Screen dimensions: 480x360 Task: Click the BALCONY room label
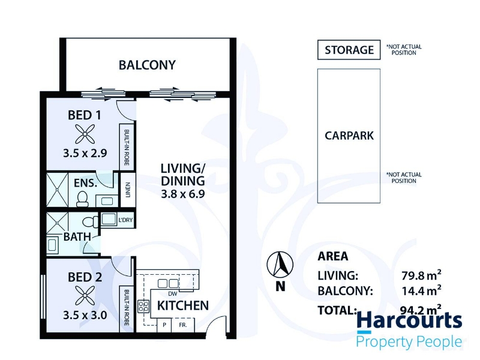coord(147,65)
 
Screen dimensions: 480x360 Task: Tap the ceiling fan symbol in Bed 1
coord(85,134)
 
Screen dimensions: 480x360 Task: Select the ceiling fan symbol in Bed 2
coord(85,295)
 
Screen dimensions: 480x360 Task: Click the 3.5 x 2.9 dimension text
coord(85,153)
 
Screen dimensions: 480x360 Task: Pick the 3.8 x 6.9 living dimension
coord(183,194)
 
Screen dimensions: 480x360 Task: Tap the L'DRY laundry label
coord(125,220)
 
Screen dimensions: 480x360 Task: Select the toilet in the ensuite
coord(82,199)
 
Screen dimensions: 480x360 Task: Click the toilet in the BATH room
coord(91,221)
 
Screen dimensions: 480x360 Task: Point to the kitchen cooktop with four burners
coord(143,306)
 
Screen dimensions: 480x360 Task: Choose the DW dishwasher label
coord(173,293)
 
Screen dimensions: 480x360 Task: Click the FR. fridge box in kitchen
coord(183,325)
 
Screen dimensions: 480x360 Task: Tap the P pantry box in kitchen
coord(164,325)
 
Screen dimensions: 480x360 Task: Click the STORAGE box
coord(349,50)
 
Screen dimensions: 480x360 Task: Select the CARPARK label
coord(349,136)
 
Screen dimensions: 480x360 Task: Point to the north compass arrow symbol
coord(280,265)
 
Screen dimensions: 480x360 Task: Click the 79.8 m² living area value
coord(421,275)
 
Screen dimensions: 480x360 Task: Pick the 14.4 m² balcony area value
coord(421,290)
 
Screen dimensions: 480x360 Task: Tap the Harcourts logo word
coord(409,320)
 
